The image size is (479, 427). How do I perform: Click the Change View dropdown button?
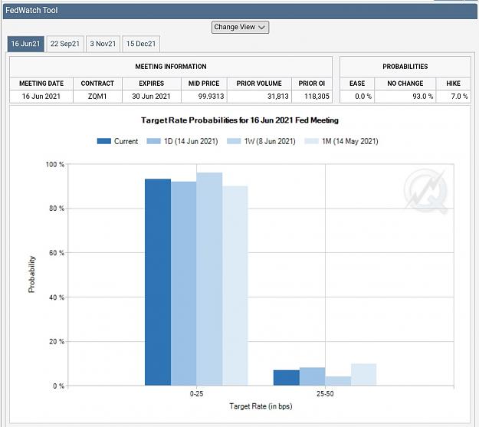(x=240, y=27)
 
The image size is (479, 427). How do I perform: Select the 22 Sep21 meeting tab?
(x=65, y=44)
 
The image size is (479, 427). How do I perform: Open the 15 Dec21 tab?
(x=141, y=44)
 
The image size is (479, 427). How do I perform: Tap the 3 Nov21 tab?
(x=103, y=44)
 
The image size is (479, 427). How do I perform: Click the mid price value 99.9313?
(x=211, y=97)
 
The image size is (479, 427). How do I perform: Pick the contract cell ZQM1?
(x=97, y=97)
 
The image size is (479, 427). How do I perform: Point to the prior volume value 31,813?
(x=277, y=97)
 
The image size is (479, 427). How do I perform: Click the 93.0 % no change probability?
(x=423, y=97)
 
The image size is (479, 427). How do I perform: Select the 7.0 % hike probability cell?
(x=459, y=97)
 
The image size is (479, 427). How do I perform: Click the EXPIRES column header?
(x=152, y=84)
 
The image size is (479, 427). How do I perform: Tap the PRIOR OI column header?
(x=312, y=84)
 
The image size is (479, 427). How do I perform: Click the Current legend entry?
(x=117, y=141)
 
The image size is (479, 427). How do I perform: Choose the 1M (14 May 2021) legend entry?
(x=341, y=141)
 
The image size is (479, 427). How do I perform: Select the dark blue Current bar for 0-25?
(x=158, y=282)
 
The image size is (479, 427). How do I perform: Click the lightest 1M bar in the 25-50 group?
(x=363, y=375)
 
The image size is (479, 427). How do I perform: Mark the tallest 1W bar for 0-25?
(x=209, y=279)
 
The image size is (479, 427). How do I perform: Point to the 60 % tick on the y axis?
(x=57, y=253)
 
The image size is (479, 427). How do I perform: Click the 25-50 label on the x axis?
(x=325, y=394)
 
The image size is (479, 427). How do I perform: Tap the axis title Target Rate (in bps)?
(x=261, y=406)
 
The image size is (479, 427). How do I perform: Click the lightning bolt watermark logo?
(x=426, y=192)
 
